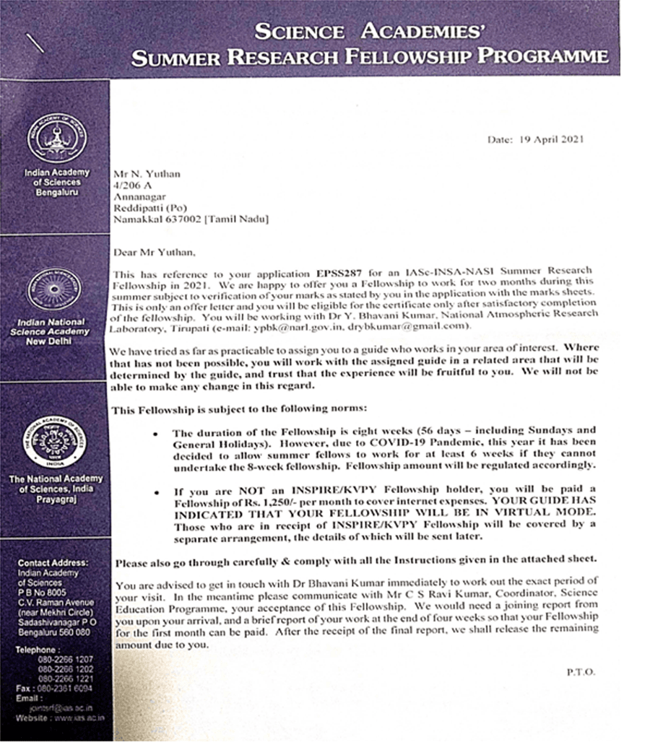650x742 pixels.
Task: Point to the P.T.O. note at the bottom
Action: click(581, 672)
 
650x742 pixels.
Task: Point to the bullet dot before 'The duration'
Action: click(156, 434)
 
